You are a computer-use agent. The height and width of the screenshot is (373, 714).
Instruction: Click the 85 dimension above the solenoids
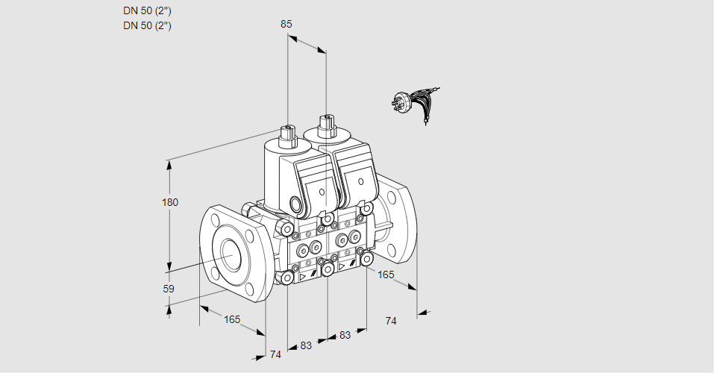pyautogui.click(x=286, y=24)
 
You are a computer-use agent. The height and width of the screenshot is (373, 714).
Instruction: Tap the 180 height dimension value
pyautogui.click(x=170, y=202)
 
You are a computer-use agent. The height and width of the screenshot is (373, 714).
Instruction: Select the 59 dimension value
pyautogui.click(x=169, y=289)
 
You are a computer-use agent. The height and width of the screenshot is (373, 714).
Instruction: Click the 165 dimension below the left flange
pyautogui.click(x=232, y=319)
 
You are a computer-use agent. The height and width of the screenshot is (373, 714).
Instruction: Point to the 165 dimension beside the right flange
pyautogui.click(x=385, y=275)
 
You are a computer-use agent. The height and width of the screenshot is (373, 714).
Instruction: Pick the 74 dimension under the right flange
pyautogui.click(x=390, y=321)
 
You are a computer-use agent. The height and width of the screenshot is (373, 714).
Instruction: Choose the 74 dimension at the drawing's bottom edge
pyautogui.click(x=275, y=354)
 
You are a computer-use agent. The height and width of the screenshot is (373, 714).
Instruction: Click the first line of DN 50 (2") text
pyautogui.click(x=147, y=10)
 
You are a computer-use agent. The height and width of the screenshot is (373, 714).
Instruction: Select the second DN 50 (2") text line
pyautogui.click(x=147, y=25)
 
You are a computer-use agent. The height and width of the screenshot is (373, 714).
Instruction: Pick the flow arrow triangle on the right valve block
pyautogui.click(x=342, y=266)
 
